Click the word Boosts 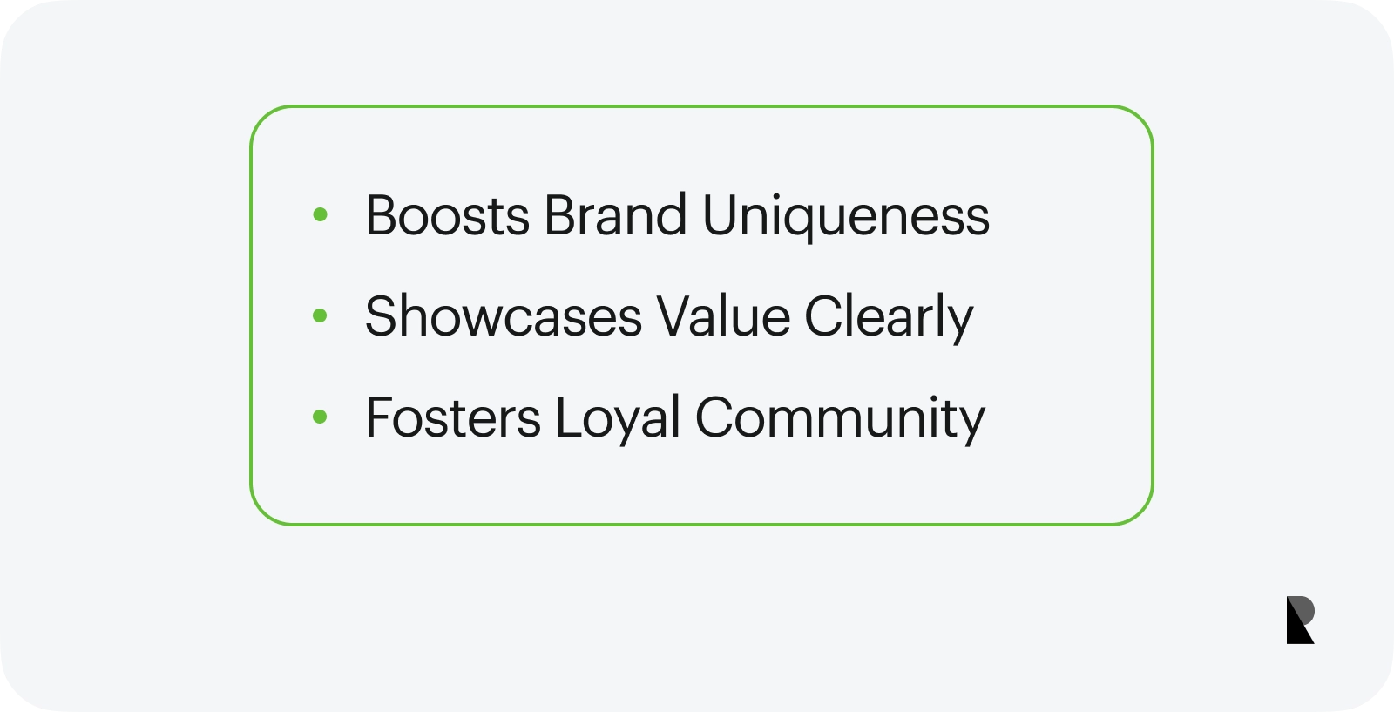(x=448, y=215)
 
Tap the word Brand (x=615, y=214)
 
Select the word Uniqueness (x=846, y=217)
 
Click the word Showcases (x=504, y=316)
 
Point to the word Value (x=723, y=316)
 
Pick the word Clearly (x=889, y=319)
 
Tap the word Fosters (x=453, y=417)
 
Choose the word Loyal (x=618, y=419)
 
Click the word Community (x=840, y=419)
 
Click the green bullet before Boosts (x=320, y=214)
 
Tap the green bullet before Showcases (x=320, y=315)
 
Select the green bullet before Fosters (x=320, y=417)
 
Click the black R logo (x=1300, y=620)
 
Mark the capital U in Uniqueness (x=720, y=215)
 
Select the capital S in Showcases (x=380, y=316)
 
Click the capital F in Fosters (x=379, y=417)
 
